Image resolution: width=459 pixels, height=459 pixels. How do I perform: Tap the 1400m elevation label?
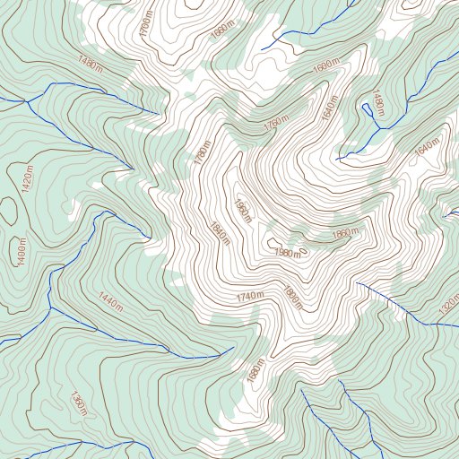point(18,250)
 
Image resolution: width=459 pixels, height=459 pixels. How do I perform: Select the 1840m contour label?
point(216,235)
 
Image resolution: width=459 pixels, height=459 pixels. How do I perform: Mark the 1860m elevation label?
point(345,234)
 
